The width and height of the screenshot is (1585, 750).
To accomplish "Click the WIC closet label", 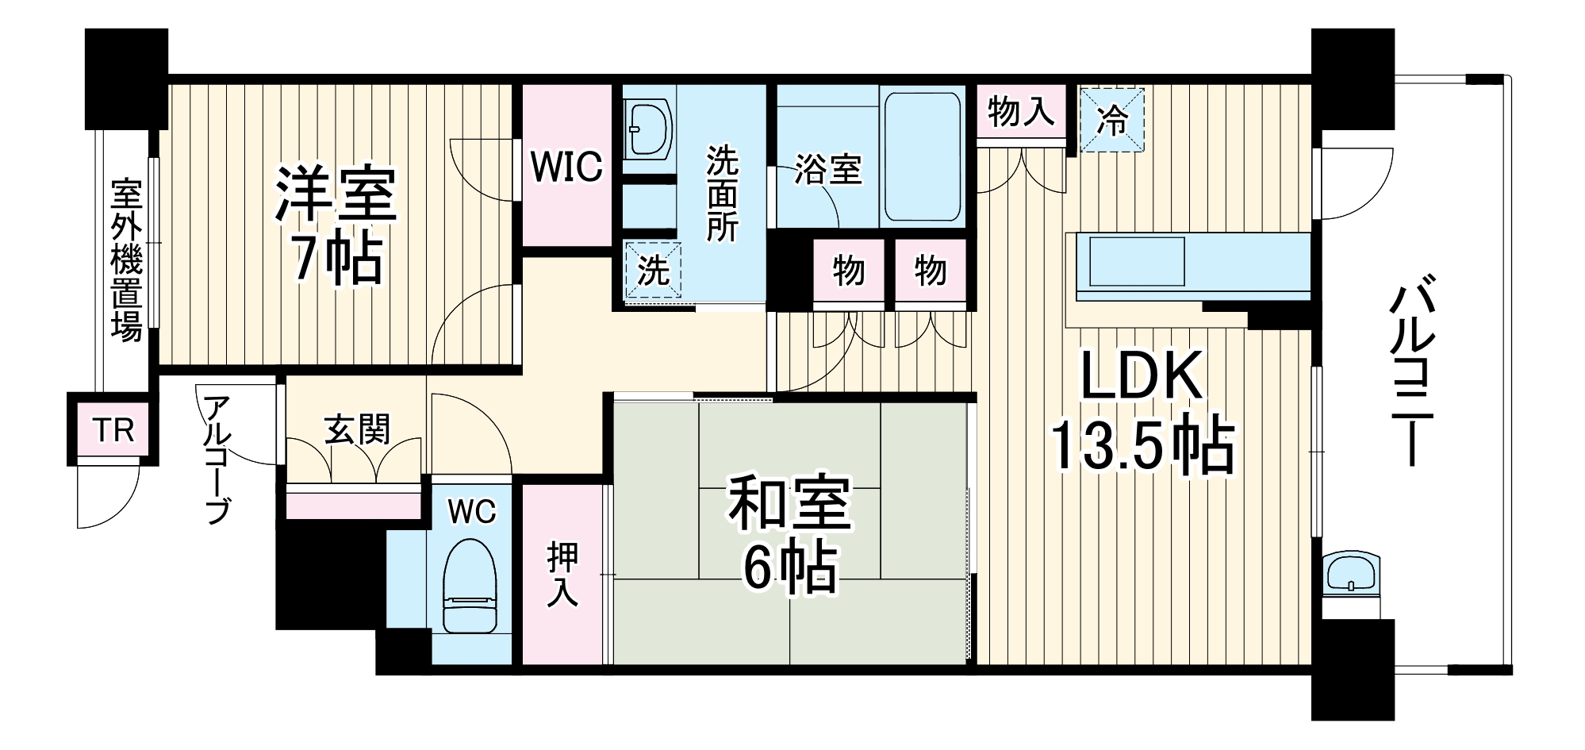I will click(x=566, y=167).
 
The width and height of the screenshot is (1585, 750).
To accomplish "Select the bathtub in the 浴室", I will click(x=922, y=156).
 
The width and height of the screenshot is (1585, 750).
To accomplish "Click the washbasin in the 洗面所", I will click(x=648, y=129).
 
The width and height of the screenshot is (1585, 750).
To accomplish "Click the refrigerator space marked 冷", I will click(x=1112, y=121).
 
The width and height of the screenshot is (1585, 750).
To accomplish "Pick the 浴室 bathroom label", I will click(x=827, y=169).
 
